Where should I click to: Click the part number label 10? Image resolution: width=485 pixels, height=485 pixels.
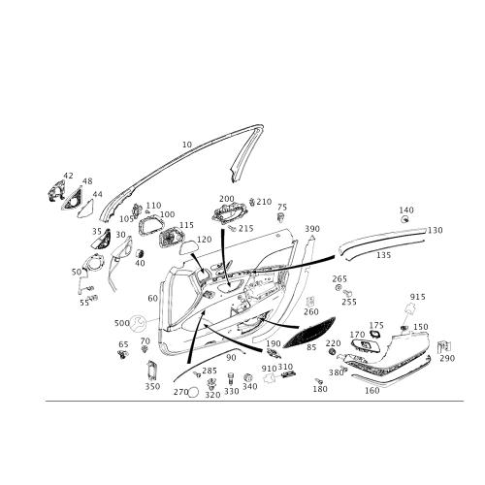[187, 145]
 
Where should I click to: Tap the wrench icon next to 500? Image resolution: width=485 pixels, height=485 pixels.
[138, 323]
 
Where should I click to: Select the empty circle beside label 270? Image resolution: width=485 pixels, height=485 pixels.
[193, 392]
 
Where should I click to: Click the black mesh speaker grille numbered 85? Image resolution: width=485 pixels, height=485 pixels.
[309, 332]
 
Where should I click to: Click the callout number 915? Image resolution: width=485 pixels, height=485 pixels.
[417, 297]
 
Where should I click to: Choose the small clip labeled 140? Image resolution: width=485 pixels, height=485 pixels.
[404, 220]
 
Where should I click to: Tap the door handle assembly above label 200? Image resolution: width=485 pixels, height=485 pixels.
[229, 213]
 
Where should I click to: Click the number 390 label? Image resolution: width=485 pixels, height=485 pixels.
[312, 229]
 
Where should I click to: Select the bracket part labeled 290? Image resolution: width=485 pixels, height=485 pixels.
[444, 347]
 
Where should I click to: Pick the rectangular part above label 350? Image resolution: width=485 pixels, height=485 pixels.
[151, 371]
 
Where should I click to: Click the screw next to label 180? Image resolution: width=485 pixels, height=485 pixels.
[318, 381]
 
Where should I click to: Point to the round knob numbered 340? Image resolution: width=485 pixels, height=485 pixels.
[248, 377]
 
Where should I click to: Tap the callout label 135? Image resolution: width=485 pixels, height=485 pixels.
[383, 255]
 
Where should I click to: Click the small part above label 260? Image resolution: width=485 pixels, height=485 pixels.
[310, 301]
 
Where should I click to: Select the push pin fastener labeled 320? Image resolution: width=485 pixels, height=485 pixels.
[211, 384]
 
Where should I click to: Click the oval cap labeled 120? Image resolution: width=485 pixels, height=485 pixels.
[188, 249]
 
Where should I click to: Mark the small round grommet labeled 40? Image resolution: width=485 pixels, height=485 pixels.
[140, 253]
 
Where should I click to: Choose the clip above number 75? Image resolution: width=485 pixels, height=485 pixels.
[281, 217]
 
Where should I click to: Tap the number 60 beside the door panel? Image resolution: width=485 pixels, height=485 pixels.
[152, 298]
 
